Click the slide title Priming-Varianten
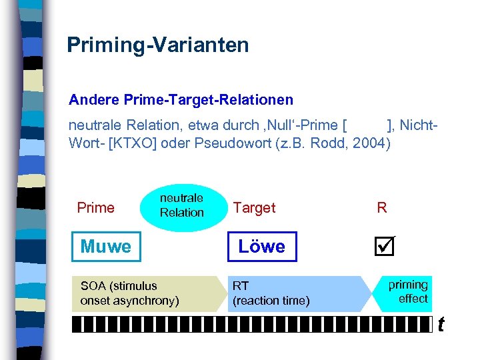pyautogui.click(x=158, y=45)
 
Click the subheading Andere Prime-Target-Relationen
pyautogui.click(x=181, y=100)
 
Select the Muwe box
pyautogui.click(x=106, y=247)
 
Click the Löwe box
pyautogui.click(x=261, y=247)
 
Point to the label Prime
pyautogui.click(x=96, y=208)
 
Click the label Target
pyautogui.click(x=254, y=208)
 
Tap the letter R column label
pyautogui.click(x=382, y=208)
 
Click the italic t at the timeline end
pyautogui.click(x=441, y=325)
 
